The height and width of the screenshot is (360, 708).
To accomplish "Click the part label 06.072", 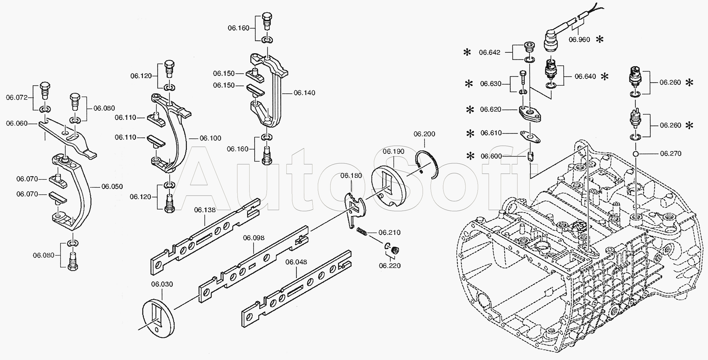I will pyautogui.click(x=17, y=98).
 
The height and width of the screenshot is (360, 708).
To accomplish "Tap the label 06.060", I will pyautogui.click(x=17, y=123).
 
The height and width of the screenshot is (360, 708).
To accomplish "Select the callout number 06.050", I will pyautogui.click(x=112, y=187).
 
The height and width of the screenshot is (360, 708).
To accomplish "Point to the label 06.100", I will pyautogui.click(x=210, y=138).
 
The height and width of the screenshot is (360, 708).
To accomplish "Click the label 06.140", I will pyautogui.click(x=304, y=93).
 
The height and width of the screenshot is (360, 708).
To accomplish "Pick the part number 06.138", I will pyautogui.click(x=205, y=210).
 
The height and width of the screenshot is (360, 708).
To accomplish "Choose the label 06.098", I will pyautogui.click(x=254, y=238).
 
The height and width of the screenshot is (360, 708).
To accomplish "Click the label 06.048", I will pyautogui.click(x=296, y=262).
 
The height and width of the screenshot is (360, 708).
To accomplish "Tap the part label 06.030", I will pyautogui.click(x=162, y=284).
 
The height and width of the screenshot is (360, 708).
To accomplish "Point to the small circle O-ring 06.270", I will pyautogui.click(x=633, y=154).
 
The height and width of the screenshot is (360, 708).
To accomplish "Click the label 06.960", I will pyautogui.click(x=579, y=40).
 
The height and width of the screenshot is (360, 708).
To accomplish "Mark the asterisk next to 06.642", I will pyautogui.click(x=467, y=52).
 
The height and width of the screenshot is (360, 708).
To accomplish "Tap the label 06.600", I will pyautogui.click(x=491, y=156).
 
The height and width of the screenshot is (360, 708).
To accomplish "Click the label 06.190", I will pyautogui.click(x=394, y=151).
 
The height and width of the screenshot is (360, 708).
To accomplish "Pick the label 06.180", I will pyautogui.click(x=351, y=176).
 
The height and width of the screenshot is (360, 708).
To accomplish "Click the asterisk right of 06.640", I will pyautogui.click(x=605, y=76).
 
